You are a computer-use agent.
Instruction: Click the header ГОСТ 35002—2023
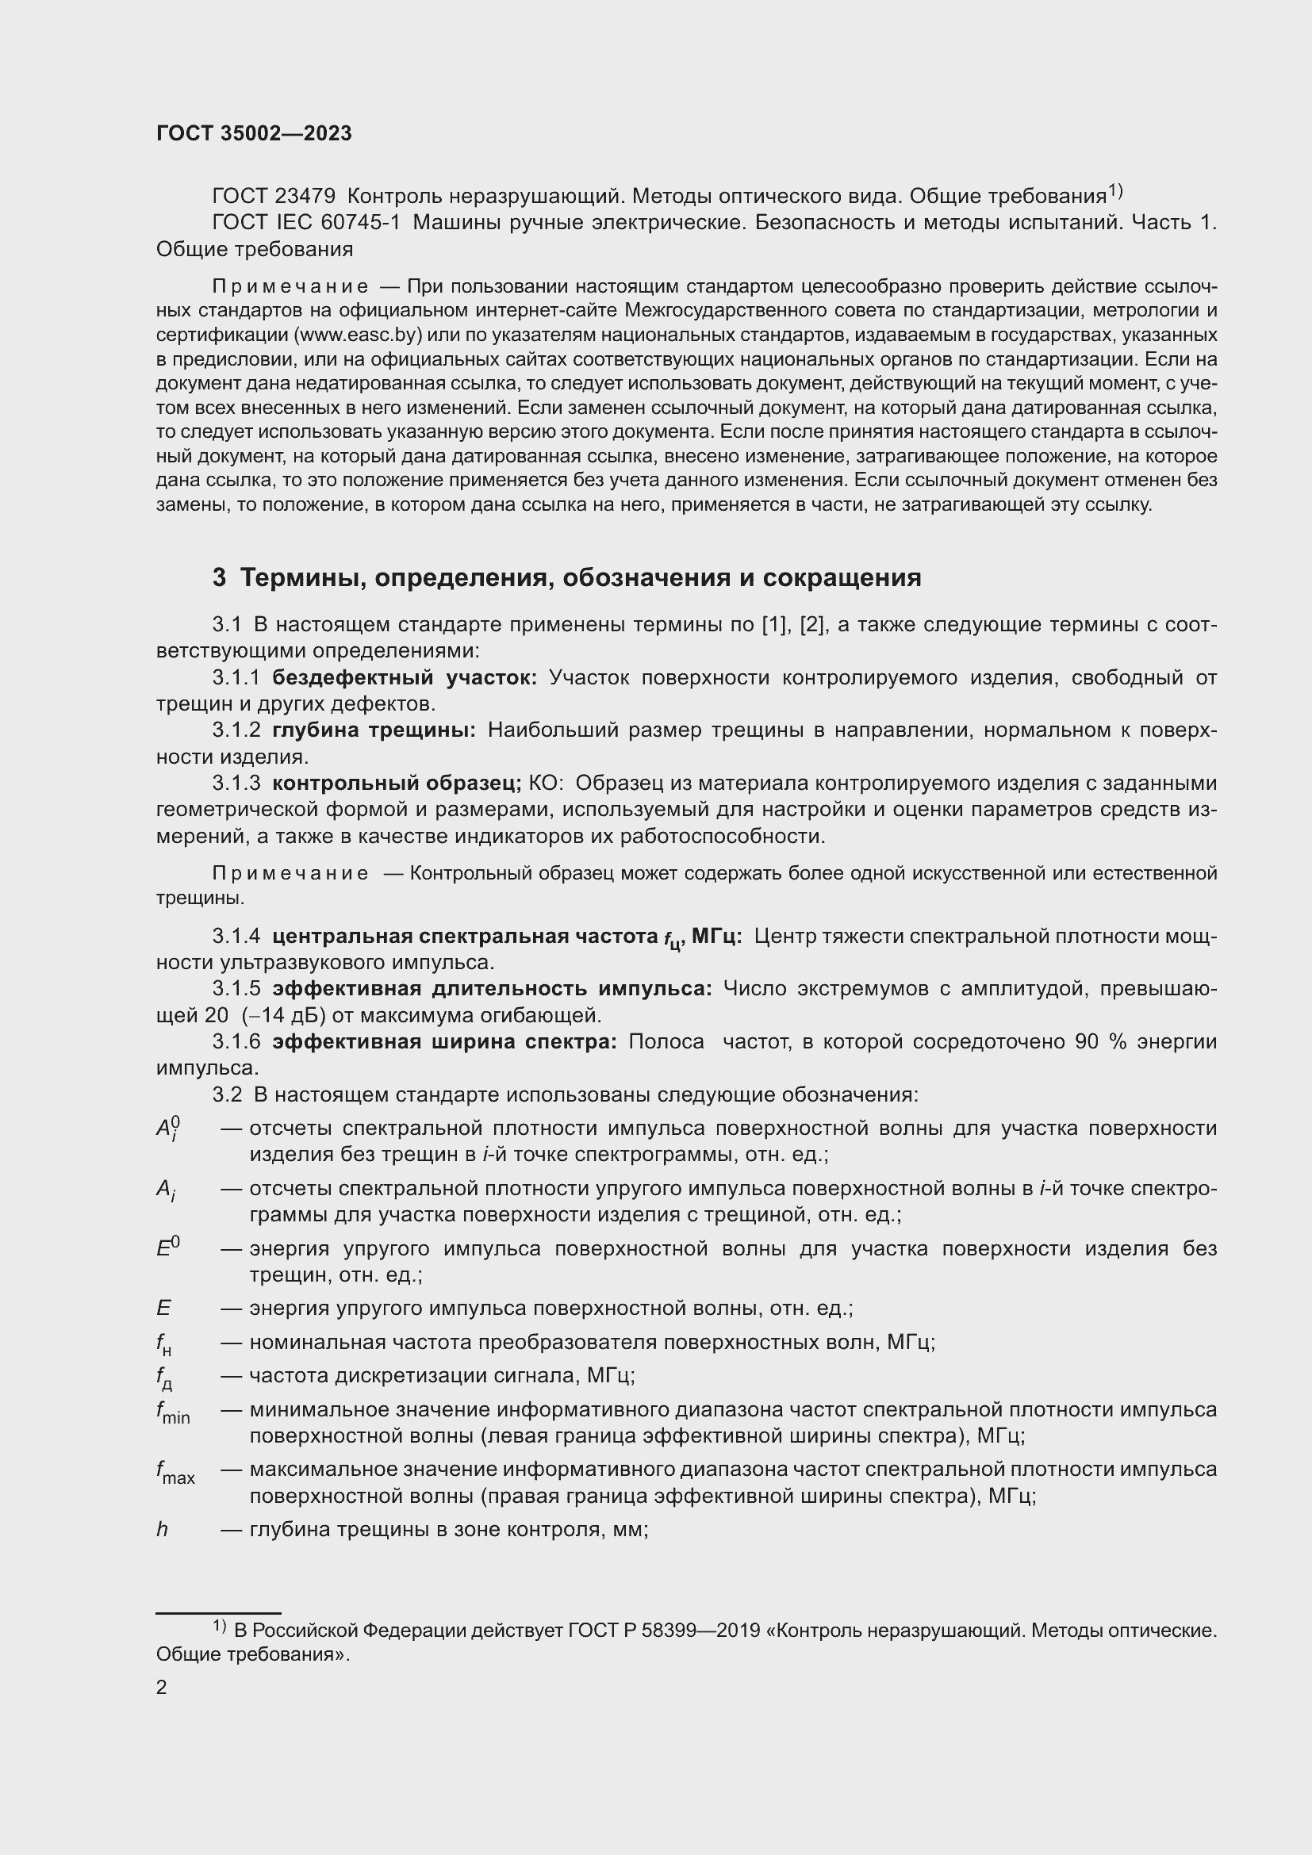pos(254,134)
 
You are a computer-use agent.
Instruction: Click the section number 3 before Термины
pos(219,577)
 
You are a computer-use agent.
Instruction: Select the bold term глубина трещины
pos(374,730)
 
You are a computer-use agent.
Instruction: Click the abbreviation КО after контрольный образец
pos(545,783)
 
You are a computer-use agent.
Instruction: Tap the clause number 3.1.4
pos(236,937)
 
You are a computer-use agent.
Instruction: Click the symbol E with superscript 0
pos(167,1248)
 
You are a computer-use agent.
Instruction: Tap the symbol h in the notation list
pos(162,1529)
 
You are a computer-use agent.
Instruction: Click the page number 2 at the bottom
pos(161,1687)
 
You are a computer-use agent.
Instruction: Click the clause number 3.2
pos(227,1094)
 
